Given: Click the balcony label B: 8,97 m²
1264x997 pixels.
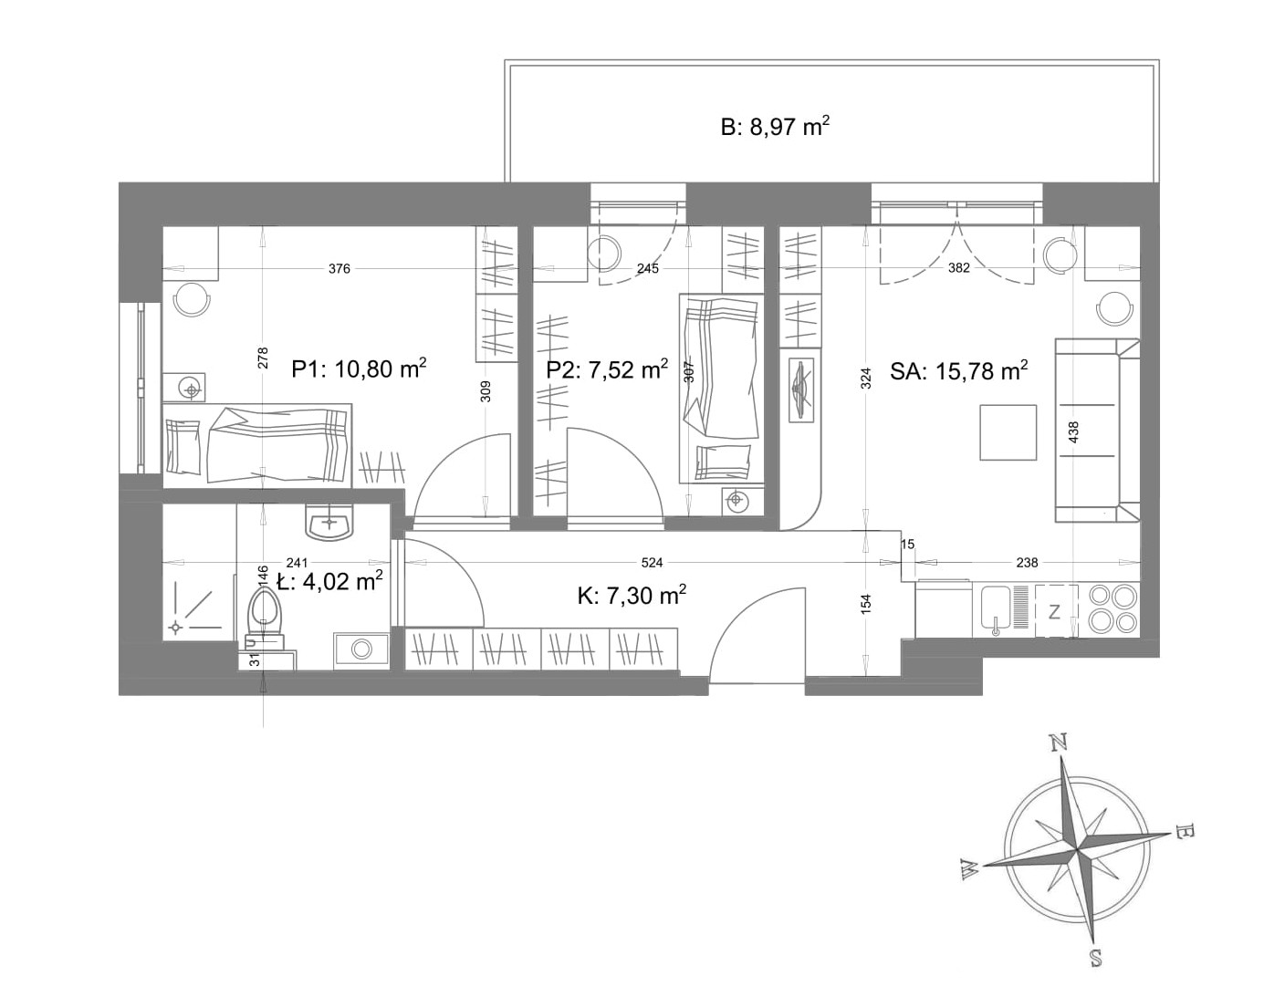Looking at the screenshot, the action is [x=776, y=128].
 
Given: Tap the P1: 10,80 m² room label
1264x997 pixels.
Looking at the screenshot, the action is [x=359, y=370].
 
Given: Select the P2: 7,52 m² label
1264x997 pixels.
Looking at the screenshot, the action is [x=607, y=370].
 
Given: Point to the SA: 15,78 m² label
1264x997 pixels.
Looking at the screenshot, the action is [x=958, y=371].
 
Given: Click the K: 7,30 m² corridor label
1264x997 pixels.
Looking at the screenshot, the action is [x=632, y=596].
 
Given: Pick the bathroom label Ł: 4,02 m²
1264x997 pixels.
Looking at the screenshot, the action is [x=329, y=581].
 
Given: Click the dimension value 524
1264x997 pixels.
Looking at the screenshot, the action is [x=652, y=563].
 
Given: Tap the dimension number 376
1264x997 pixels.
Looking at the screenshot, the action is [x=339, y=269].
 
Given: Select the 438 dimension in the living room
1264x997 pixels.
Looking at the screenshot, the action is [x=1074, y=432].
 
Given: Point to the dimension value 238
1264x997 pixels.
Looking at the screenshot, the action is [x=1027, y=563].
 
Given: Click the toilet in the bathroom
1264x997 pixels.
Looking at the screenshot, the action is [x=265, y=617].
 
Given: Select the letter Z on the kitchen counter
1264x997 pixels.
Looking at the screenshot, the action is [x=1054, y=612].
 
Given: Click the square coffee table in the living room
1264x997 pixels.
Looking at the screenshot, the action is [x=1008, y=432].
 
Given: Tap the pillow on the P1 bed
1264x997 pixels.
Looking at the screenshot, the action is [x=183, y=446].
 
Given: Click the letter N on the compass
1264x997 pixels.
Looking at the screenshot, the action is [x=1059, y=743].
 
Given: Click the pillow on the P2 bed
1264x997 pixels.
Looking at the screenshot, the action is [x=723, y=462].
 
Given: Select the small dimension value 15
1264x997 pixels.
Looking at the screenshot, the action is [x=907, y=545].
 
